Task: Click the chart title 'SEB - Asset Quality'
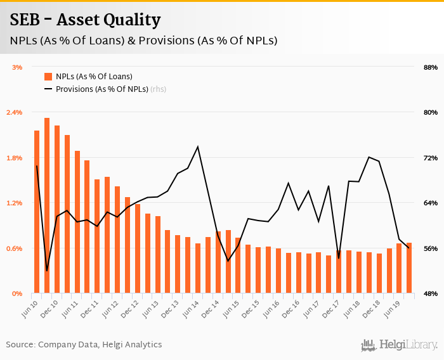pos(85,20)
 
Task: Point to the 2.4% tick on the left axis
pos(14,112)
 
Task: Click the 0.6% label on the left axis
pos(14,248)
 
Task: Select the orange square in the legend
pos(48,77)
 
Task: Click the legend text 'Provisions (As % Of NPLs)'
pos(101,89)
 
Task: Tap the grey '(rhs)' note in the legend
pos(158,89)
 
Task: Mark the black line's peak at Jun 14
pos(198,147)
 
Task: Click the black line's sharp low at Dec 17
pos(339,258)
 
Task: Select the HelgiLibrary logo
pos(400,345)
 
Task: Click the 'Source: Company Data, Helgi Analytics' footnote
pos(84,345)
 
